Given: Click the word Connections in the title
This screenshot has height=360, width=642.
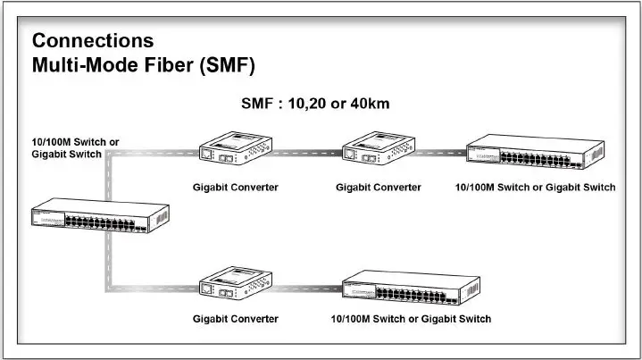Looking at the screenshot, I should [92, 41].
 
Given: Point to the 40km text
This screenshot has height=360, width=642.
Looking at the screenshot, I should [371, 104].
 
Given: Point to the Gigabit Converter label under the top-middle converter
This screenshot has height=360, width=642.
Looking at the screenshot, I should [379, 188].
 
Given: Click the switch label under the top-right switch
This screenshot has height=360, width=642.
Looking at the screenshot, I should [536, 188].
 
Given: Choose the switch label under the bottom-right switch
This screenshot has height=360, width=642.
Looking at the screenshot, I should [411, 319].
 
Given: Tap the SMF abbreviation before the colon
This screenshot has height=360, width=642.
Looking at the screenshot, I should [260, 104].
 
